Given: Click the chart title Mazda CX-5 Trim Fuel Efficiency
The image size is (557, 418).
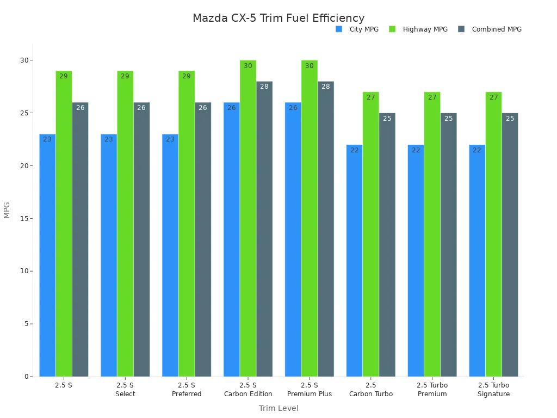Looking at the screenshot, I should pos(278,19).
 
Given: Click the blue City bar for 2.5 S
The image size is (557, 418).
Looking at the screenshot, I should pos(47,256).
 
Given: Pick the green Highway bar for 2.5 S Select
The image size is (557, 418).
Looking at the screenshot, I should pos(125,223).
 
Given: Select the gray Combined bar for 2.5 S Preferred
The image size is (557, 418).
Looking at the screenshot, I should pos(203,239).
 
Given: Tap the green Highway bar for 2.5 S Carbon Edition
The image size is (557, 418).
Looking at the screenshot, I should pos(248,218).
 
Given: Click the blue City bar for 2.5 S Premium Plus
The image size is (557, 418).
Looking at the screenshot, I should pos(293,239).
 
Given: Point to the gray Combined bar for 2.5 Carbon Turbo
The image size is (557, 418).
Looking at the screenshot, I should pos(387,245).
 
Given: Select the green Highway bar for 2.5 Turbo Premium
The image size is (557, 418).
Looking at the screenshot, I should pos(432,234).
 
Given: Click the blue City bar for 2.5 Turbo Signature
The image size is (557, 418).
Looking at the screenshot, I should pos(477,261).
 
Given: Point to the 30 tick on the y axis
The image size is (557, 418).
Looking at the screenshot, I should pos(24,60).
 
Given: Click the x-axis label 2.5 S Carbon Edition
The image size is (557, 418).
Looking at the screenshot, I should pos(248,390).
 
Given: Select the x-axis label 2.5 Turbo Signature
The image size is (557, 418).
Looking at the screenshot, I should pos(494,390).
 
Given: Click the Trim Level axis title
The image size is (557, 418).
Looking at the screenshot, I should pos(278,408).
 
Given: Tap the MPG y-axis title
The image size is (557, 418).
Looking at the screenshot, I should pos(7,210).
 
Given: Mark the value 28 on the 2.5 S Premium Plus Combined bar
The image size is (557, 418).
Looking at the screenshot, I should pos(326,87).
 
